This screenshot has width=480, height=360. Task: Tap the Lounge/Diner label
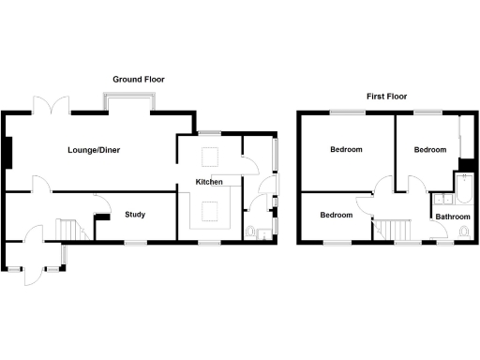[x=94, y=150]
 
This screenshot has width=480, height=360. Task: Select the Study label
[x=135, y=215]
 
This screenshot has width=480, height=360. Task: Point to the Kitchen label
[x=208, y=182]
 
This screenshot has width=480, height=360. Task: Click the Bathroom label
[x=451, y=217]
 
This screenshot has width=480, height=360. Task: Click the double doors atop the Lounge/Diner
[x=52, y=105]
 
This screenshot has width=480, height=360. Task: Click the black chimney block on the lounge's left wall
[x=7, y=151]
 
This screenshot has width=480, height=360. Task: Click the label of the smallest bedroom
[x=336, y=215]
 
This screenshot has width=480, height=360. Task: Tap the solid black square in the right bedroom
[x=463, y=162]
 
